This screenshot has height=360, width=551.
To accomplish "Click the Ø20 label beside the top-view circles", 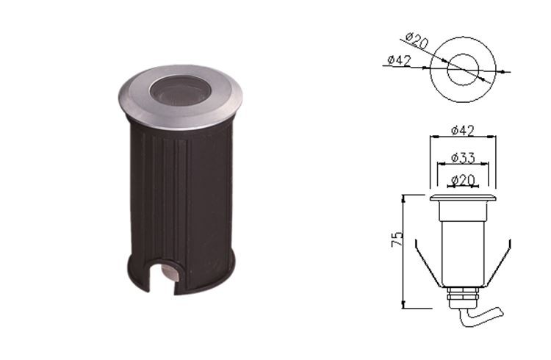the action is (417, 40).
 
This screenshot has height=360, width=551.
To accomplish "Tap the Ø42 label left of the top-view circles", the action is (399, 60).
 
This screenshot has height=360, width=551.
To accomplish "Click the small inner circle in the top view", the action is (463, 70).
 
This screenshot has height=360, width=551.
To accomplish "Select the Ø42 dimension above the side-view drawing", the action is (462, 131).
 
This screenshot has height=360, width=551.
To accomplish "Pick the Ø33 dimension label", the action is (463, 157).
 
